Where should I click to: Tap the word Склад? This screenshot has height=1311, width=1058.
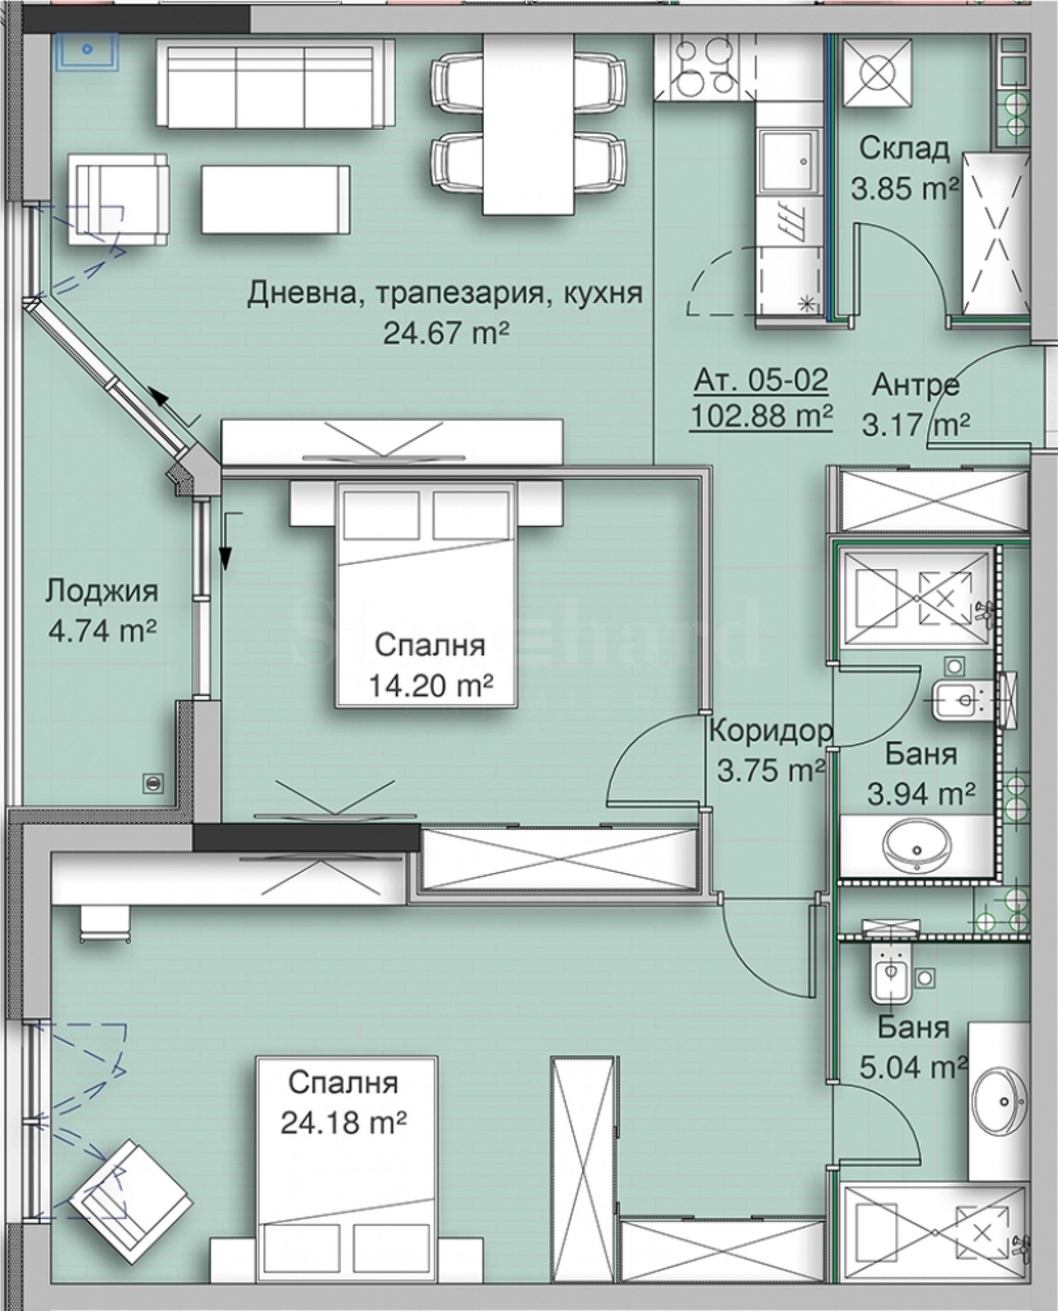point(904,149)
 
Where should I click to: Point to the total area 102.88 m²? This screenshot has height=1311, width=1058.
point(761,416)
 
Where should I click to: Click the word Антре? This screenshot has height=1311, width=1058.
point(915,385)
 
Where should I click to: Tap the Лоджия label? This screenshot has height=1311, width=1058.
point(102,591)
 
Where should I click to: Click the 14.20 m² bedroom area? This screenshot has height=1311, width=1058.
point(430,685)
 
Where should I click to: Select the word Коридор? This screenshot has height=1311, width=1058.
point(770,732)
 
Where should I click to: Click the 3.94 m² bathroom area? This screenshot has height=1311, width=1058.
point(920,793)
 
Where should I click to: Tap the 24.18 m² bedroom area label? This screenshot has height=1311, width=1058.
point(343,1121)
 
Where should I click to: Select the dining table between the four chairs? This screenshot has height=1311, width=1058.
point(527,124)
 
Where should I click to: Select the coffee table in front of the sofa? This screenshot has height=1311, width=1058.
point(275,198)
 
